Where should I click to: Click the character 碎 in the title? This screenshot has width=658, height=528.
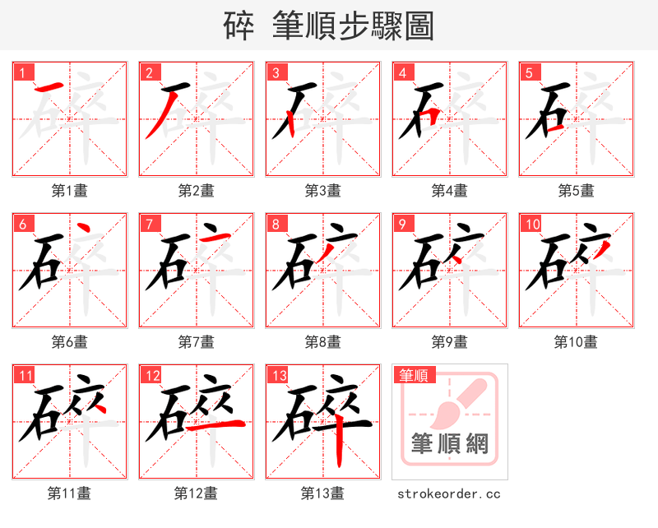(x=239, y=26)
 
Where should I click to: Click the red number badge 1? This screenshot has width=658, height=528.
(x=23, y=72)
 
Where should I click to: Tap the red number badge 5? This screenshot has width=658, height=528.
(x=529, y=72)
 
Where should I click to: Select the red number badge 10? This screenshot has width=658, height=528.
(x=531, y=224)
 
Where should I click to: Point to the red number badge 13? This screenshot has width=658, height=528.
(x=279, y=376)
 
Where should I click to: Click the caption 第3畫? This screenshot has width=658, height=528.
(x=322, y=191)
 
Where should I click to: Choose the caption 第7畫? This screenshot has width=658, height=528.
(x=196, y=341)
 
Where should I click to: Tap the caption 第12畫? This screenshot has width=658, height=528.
(x=196, y=493)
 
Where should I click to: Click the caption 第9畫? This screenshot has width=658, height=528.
(x=449, y=341)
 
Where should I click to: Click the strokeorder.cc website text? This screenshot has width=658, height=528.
(x=449, y=494)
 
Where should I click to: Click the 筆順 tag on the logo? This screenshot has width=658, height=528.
(x=413, y=376)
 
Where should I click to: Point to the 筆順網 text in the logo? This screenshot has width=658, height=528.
(x=449, y=444)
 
